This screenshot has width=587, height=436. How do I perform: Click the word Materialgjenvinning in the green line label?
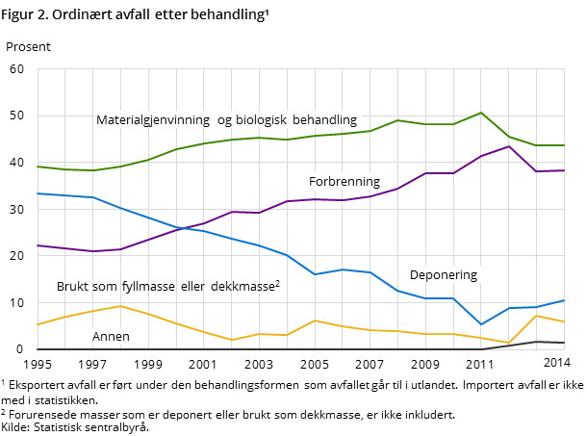153,120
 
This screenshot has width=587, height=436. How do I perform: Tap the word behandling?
324,120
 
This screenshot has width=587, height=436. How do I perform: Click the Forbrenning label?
344,181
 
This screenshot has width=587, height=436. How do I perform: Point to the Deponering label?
443,274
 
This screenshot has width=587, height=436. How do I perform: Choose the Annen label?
111,337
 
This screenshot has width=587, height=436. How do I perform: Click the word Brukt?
73,287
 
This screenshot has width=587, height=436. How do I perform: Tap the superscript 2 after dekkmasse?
277,283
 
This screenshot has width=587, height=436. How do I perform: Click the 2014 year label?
556,363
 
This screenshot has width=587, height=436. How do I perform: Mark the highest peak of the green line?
481,113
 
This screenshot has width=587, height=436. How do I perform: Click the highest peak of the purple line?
508,146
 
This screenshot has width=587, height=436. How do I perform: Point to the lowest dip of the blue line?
481,324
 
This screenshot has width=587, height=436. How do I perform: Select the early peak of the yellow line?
119,306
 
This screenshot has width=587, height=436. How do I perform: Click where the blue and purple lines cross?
185,228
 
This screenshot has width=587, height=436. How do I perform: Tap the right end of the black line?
564,343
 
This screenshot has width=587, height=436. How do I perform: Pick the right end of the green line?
564,145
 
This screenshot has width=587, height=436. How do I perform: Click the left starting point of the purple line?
38,245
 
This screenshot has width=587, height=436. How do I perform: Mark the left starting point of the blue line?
38,193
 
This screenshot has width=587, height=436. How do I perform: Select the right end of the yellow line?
564,322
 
